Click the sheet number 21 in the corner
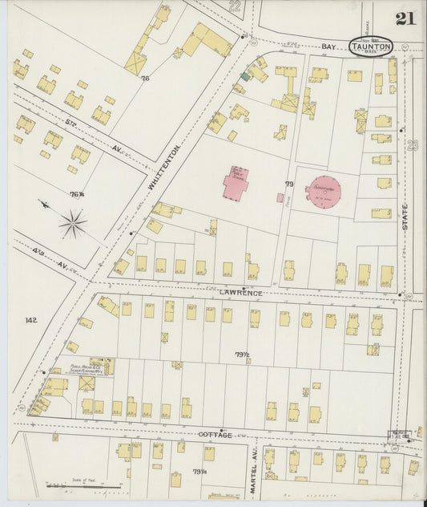pos(405,18)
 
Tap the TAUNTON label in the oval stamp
pos(370,47)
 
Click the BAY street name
pos(327,48)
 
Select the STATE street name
pos(405,217)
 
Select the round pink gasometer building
pos(323,191)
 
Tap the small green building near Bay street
pos(245,76)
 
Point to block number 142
pos(31,320)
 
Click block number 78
pos(145,79)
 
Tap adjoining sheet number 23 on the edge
pos(413,145)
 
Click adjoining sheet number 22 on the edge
pos(235,6)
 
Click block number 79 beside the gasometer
pos(290,185)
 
